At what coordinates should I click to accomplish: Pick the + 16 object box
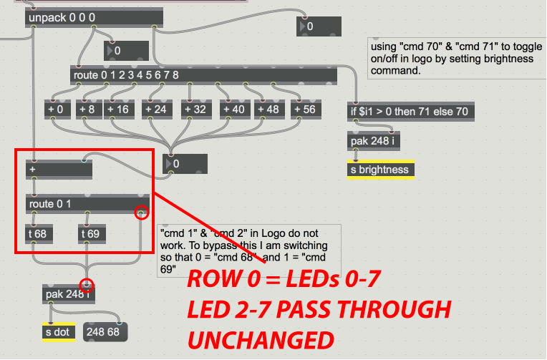click(120, 110)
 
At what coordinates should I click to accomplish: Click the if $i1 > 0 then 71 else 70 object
click(412, 112)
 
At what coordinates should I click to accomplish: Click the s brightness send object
click(380, 170)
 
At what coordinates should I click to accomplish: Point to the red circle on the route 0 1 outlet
click(142, 213)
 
